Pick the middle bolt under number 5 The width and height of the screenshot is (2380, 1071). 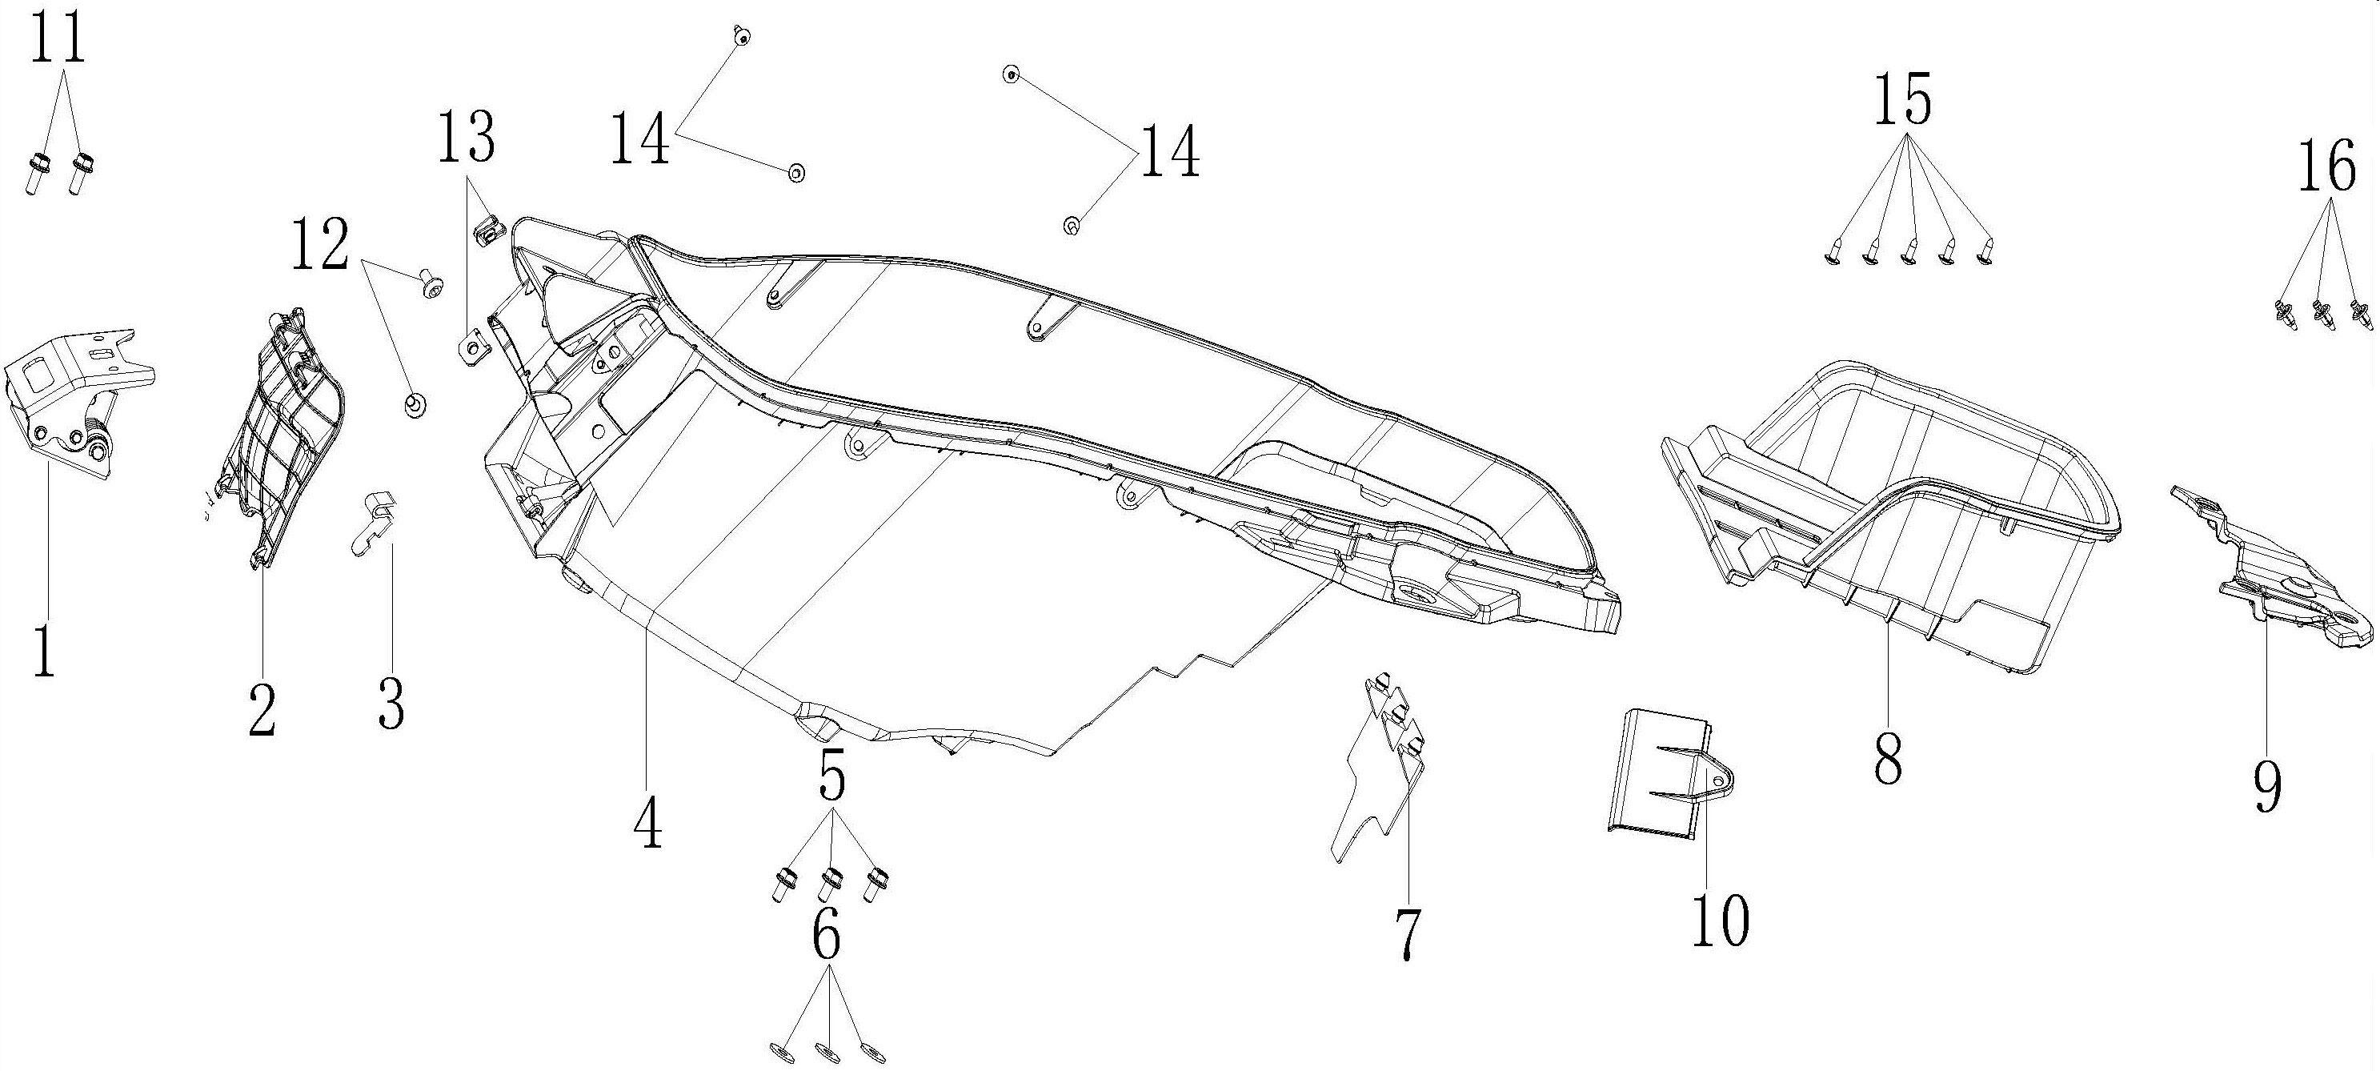click(x=831, y=885)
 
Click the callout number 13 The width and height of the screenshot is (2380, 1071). click(x=467, y=138)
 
